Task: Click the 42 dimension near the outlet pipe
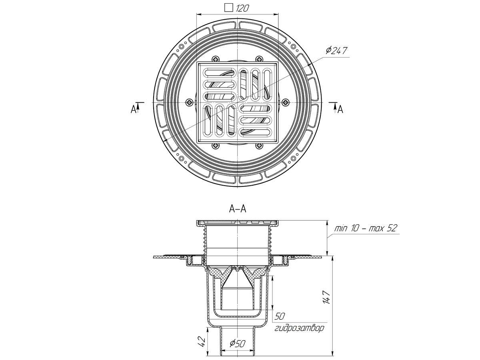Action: click(x=202, y=341)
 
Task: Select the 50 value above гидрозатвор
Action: click(x=280, y=316)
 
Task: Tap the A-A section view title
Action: click(x=238, y=208)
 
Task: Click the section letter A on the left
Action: click(x=134, y=109)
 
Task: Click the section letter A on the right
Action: click(x=340, y=109)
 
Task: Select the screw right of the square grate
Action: click(x=285, y=102)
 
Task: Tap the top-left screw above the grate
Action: click(x=216, y=59)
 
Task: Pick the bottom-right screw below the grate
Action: click(x=260, y=146)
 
